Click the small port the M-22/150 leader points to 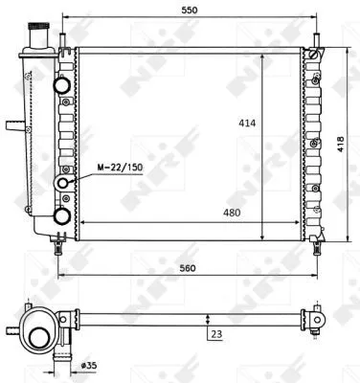(65, 182)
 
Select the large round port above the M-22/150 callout (64, 84)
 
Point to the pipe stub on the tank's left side (11, 124)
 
